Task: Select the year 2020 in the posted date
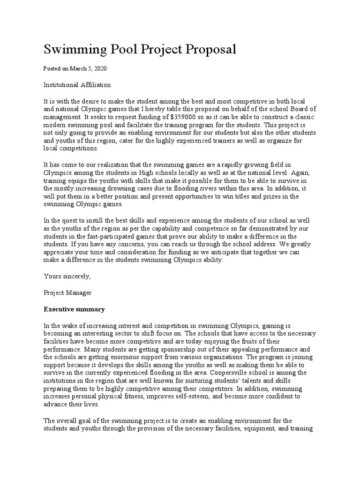point(99,68)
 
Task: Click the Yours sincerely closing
point(67,277)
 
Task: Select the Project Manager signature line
point(67,292)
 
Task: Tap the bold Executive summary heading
point(74,309)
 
